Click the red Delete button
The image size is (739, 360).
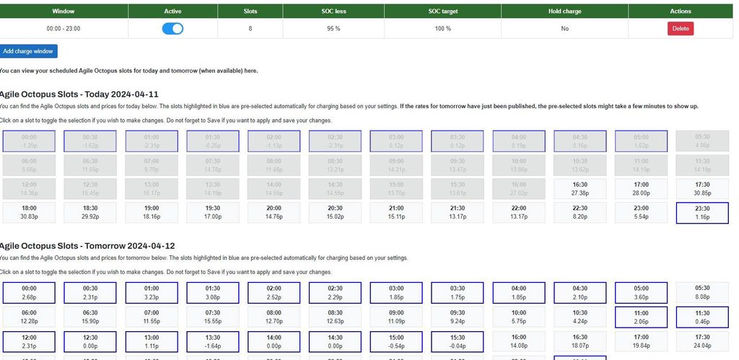coord(680,29)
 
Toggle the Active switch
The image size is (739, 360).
coord(172,29)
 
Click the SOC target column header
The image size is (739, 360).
coord(442,12)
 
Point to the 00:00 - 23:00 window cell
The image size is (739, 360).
coord(64,29)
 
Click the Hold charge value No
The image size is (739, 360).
coord(564,29)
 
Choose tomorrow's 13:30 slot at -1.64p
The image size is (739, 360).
coord(214,341)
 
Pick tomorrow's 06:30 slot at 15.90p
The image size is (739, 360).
coord(91,317)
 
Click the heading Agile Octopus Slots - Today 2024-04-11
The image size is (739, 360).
coord(79,95)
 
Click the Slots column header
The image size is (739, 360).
coord(250,12)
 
